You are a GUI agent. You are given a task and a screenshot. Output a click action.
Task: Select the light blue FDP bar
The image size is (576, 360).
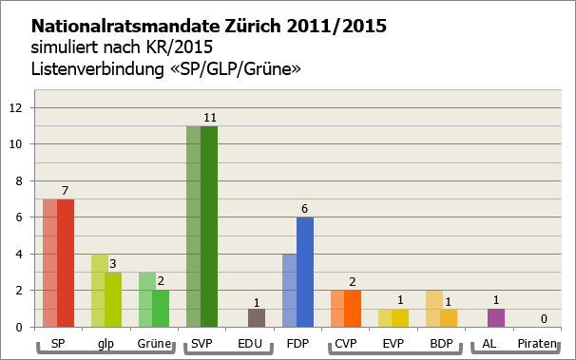tap(289, 290)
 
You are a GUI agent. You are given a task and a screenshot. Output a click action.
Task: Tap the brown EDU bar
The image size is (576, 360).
tap(257, 317)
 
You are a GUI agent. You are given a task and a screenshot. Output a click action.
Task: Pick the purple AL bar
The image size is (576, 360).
tap(496, 317)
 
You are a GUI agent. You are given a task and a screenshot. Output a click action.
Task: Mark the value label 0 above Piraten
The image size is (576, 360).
tap(543, 319)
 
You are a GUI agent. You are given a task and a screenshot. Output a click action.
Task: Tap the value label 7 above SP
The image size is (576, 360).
tap(67, 191)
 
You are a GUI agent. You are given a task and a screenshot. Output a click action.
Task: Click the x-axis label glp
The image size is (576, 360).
tap(106, 343)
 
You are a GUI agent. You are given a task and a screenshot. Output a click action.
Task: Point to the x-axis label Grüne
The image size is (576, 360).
tap(153, 343)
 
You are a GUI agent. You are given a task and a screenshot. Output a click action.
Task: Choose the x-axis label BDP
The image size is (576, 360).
tap(442, 343)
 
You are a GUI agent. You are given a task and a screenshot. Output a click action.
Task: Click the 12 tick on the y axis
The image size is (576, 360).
tap(15, 107)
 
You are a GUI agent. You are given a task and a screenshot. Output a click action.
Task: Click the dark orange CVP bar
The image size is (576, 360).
tap(354, 308)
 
